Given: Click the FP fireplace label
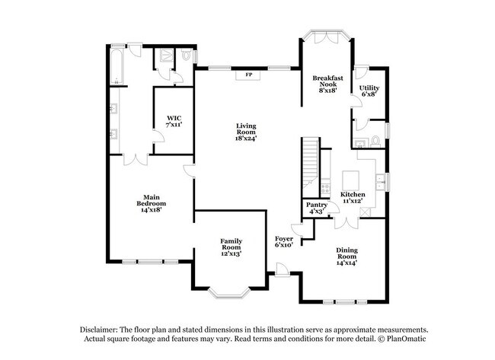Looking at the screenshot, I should (x=248, y=75).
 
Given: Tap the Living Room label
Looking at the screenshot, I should (x=246, y=132).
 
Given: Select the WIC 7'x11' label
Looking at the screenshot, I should (x=174, y=119).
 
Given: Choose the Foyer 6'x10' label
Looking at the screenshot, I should (x=283, y=242).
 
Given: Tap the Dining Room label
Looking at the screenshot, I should (x=346, y=255).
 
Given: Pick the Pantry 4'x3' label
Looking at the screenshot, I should (x=317, y=208).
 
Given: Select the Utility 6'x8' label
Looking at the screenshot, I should (x=369, y=91).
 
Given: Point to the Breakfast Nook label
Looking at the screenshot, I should (x=327, y=82).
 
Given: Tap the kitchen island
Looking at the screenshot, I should (x=350, y=180).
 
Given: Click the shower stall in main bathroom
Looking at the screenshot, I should (x=162, y=58).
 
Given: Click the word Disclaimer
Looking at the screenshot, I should (x=101, y=329).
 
